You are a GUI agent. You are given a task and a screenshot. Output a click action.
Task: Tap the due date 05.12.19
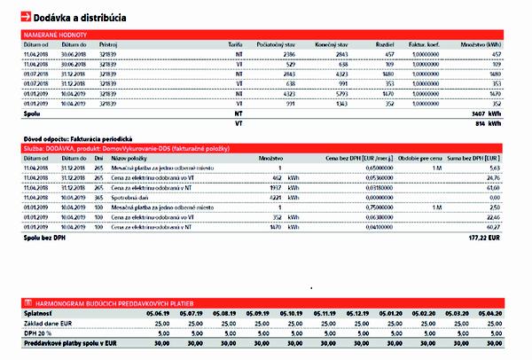[x=357, y=313]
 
